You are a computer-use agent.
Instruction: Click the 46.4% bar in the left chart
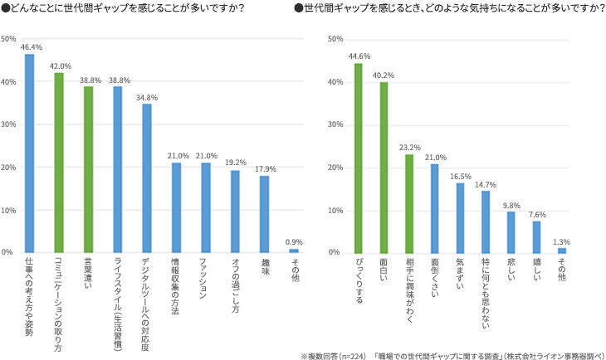click(x=29, y=153)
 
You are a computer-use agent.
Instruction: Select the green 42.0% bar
click(x=59, y=163)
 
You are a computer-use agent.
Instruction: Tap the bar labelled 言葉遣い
click(x=88, y=169)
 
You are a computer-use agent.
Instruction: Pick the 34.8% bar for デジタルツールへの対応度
click(x=147, y=178)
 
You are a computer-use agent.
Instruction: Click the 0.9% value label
click(x=294, y=241)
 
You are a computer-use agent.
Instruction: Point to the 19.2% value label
click(x=235, y=163)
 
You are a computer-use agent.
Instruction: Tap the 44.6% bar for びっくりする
click(x=359, y=158)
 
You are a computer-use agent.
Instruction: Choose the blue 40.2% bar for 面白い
click(x=384, y=167)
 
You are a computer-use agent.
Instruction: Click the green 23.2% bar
click(x=409, y=203)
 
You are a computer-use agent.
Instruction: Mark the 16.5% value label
click(x=460, y=175)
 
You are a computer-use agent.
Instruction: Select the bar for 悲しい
click(x=511, y=231)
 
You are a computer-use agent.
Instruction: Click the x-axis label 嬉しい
click(x=536, y=269)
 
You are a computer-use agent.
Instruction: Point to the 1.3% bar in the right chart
click(x=562, y=250)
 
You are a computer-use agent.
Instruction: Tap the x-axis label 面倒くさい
click(x=435, y=279)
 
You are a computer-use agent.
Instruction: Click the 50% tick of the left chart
click(x=8, y=39)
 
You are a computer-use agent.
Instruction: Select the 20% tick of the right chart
click(x=336, y=168)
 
